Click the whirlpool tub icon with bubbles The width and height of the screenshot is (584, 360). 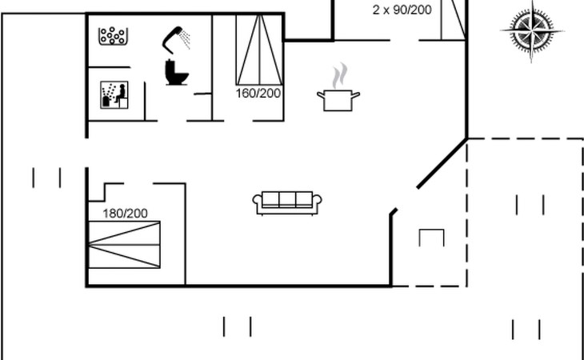[x=114, y=36]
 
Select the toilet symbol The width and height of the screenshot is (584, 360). [x=177, y=72]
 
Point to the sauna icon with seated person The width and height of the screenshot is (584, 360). [x=114, y=95]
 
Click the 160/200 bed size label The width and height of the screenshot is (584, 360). [x=258, y=94]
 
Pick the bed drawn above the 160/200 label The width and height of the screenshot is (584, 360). [x=258, y=50]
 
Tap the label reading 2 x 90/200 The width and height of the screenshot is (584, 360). [x=402, y=10]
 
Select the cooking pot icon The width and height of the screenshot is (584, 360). [x=338, y=100]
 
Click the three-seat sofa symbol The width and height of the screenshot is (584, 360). [x=286, y=202]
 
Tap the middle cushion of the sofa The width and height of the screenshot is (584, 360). [x=286, y=200]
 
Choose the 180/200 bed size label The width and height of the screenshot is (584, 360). [x=126, y=213]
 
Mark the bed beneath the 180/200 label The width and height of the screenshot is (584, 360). [x=124, y=245]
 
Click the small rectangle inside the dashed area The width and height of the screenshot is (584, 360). [x=432, y=238]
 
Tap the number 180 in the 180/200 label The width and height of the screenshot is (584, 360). [x=114, y=213]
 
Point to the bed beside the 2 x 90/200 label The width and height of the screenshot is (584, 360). [x=452, y=19]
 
